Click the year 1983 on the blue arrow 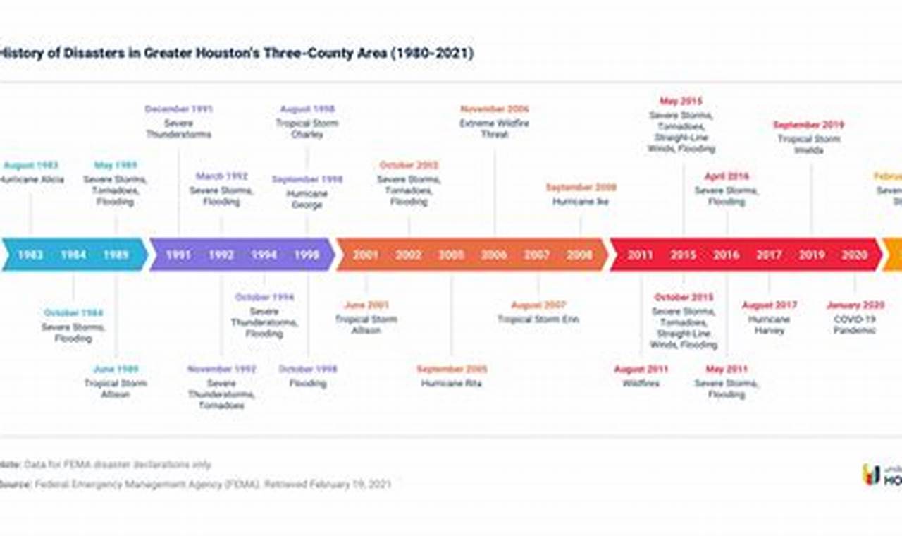point(30,255)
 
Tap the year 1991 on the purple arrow point(178,255)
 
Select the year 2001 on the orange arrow point(366,255)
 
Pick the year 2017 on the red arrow point(769,255)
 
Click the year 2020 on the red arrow point(854,255)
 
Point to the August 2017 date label point(769,305)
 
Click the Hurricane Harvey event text point(769,324)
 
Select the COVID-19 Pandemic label point(854,324)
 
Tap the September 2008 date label point(581,188)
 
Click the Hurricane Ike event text point(581,202)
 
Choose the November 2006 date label point(494,109)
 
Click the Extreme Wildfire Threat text point(494,128)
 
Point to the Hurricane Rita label point(451,384)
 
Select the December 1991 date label point(178,109)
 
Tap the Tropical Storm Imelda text point(809,145)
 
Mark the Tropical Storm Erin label point(538,319)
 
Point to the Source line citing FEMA point(197,485)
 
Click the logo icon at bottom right point(871,475)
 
